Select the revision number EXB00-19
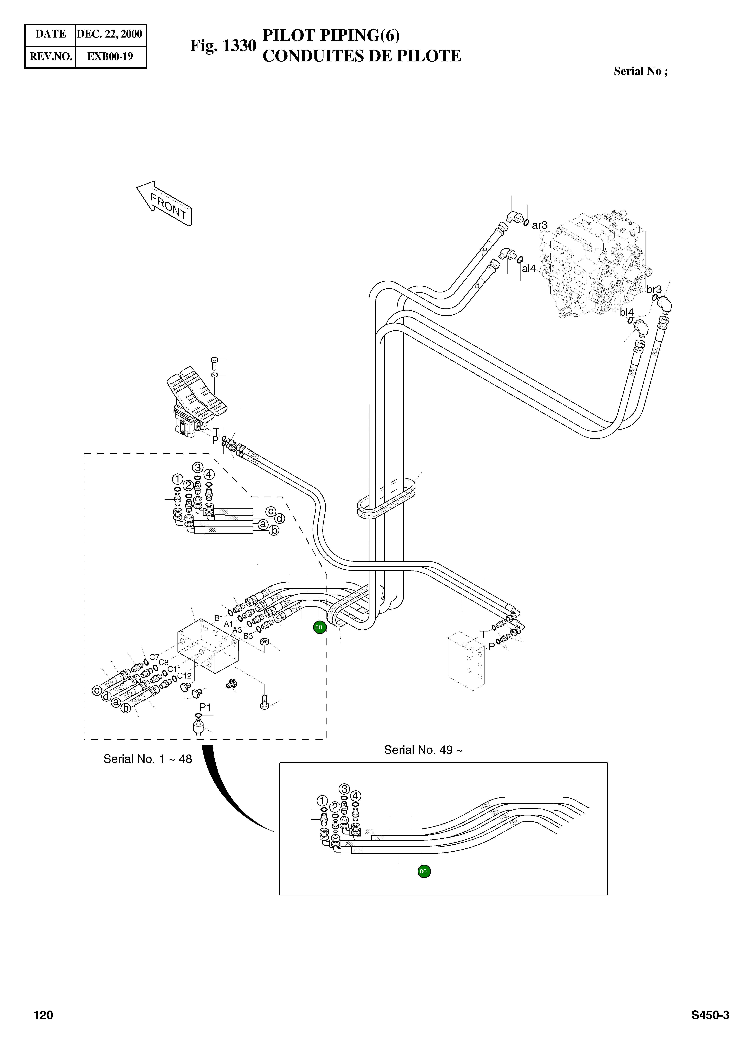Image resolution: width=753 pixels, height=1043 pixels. pos(110,56)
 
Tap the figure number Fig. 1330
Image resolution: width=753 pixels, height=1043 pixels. pos(223,46)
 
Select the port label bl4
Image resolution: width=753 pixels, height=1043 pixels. pos(626,312)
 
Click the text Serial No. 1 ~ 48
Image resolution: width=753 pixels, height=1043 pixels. pos(147,759)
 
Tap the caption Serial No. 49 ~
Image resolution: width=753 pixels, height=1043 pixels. pos(423,750)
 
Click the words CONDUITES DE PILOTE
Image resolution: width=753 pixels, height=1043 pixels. pos(361,56)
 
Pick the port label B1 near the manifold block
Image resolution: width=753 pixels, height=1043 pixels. pos(219,618)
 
